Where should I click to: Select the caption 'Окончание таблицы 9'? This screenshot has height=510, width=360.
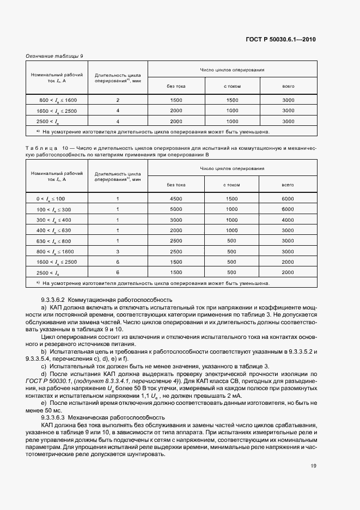tap(54, 56)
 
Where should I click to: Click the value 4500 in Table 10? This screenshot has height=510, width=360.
tap(176, 199)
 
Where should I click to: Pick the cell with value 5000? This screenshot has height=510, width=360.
tap(176, 209)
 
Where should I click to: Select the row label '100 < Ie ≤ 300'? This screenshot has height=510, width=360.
tap(54, 209)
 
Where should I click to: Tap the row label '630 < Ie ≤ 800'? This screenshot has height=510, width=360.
tap(54, 240)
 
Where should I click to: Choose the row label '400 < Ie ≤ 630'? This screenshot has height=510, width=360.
tap(54, 230)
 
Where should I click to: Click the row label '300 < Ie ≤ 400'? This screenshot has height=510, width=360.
tap(54, 220)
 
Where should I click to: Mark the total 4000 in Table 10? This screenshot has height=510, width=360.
tap(288, 220)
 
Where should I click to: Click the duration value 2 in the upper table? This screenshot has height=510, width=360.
tap(118, 100)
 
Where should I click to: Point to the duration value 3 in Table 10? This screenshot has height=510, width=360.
tap(118, 251)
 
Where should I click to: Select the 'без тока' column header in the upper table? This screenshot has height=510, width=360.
tap(176, 86)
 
